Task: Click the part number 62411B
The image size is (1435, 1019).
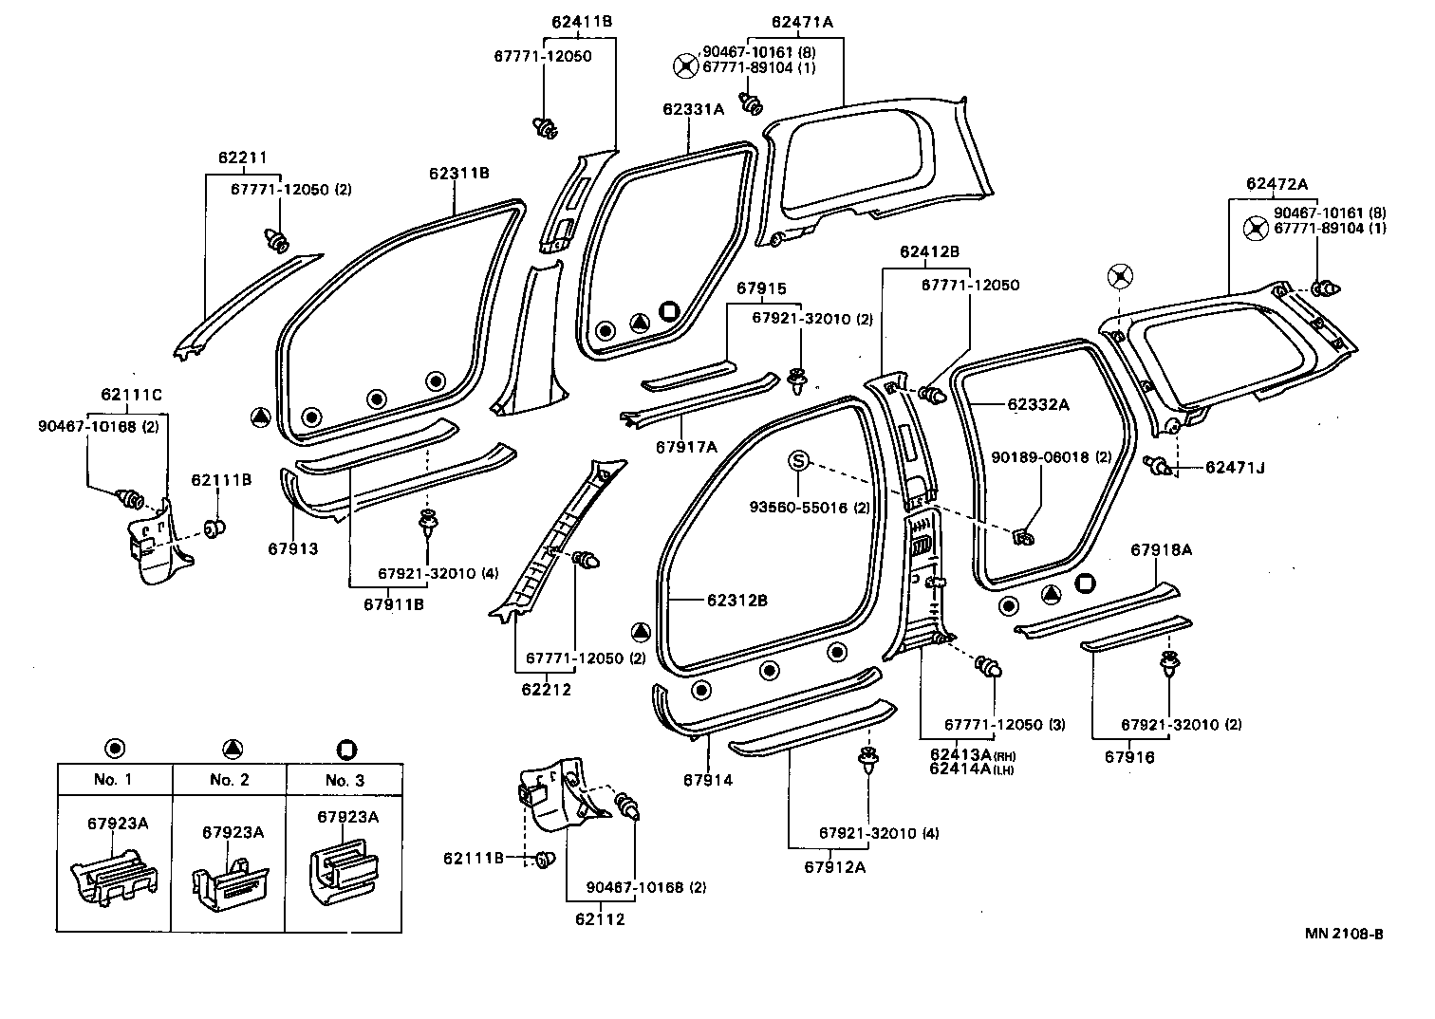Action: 582,22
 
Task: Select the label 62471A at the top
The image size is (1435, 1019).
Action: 802,22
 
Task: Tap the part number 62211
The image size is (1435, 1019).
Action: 243,157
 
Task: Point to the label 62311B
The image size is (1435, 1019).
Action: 459,173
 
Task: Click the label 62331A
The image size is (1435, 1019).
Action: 693,109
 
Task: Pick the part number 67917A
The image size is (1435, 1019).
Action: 686,447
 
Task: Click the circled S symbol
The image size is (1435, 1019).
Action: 798,460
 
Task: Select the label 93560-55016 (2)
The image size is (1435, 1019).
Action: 810,508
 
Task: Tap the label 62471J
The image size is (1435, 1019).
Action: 1235,468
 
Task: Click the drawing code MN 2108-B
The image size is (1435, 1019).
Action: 1344,934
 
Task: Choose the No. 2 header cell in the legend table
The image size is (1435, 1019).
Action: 230,780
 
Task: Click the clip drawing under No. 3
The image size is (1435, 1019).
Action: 344,874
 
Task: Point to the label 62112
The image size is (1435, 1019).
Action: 600,919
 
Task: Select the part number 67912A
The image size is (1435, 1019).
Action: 835,867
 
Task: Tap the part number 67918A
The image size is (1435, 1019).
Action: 1161,549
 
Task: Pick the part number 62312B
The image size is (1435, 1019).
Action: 737,601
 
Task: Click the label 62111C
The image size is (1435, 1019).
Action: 131,395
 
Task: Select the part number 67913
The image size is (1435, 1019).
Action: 292,549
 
